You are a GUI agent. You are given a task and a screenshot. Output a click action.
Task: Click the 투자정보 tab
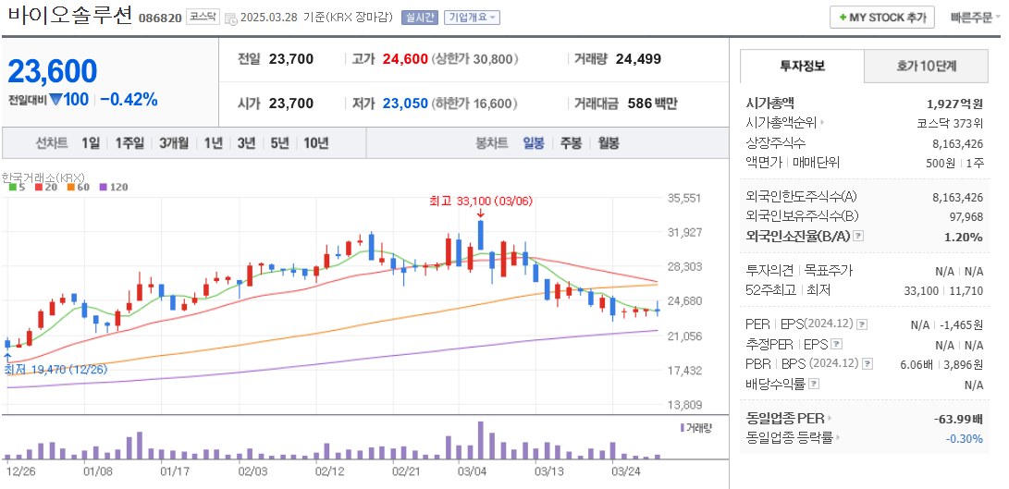click(x=802, y=67)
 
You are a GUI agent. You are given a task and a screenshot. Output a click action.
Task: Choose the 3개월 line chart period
click(x=174, y=143)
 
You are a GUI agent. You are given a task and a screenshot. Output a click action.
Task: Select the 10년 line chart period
click(x=315, y=143)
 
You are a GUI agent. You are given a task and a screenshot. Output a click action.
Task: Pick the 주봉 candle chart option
click(x=571, y=143)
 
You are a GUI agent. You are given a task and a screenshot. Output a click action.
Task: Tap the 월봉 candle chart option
click(x=608, y=143)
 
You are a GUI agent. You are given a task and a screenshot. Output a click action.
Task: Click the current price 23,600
click(x=53, y=71)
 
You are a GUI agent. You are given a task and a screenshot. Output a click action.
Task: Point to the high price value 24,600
click(x=405, y=59)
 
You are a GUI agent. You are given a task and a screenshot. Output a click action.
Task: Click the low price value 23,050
click(x=405, y=104)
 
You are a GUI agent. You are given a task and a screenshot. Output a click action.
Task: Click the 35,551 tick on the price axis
click(x=684, y=198)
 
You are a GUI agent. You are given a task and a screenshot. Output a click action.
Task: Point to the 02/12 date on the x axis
click(x=329, y=471)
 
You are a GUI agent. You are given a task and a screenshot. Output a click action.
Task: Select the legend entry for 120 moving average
click(x=114, y=187)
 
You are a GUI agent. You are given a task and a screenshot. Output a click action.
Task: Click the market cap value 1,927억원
click(x=954, y=104)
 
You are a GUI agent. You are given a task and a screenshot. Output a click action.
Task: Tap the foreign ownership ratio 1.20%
click(x=964, y=237)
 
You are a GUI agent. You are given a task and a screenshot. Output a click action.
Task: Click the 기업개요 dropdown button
click(x=472, y=18)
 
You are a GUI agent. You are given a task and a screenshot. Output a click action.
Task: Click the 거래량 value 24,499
click(x=638, y=59)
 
